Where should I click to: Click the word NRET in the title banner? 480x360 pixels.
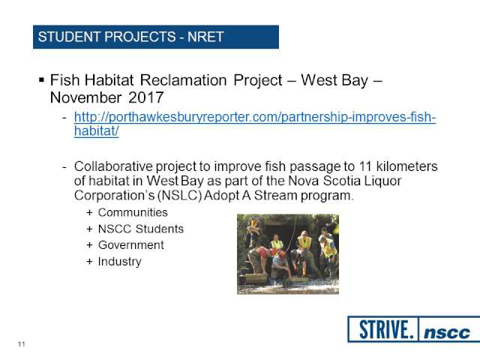(x=205, y=37)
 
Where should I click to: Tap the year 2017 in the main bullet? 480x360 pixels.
(x=145, y=97)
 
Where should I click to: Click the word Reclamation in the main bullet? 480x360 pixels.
(x=183, y=80)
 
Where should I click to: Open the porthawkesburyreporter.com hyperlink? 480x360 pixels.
(x=255, y=124)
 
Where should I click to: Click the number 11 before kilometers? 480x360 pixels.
(x=365, y=166)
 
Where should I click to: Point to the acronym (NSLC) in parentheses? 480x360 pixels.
(x=179, y=195)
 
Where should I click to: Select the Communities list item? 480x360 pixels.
(x=133, y=212)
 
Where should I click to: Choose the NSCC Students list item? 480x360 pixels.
(x=141, y=229)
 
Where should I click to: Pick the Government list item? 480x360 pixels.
(x=131, y=245)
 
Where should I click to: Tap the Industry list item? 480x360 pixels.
(x=120, y=262)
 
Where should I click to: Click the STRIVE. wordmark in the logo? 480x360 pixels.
(x=384, y=330)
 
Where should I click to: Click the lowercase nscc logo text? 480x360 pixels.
(x=447, y=332)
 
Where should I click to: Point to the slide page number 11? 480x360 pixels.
(x=21, y=344)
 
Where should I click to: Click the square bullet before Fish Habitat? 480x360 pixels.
(x=41, y=80)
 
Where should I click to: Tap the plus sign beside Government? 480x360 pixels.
(x=89, y=245)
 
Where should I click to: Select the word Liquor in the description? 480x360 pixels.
(x=382, y=181)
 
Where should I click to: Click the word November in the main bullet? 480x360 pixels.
(x=85, y=98)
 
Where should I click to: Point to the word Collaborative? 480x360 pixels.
(x=113, y=166)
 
